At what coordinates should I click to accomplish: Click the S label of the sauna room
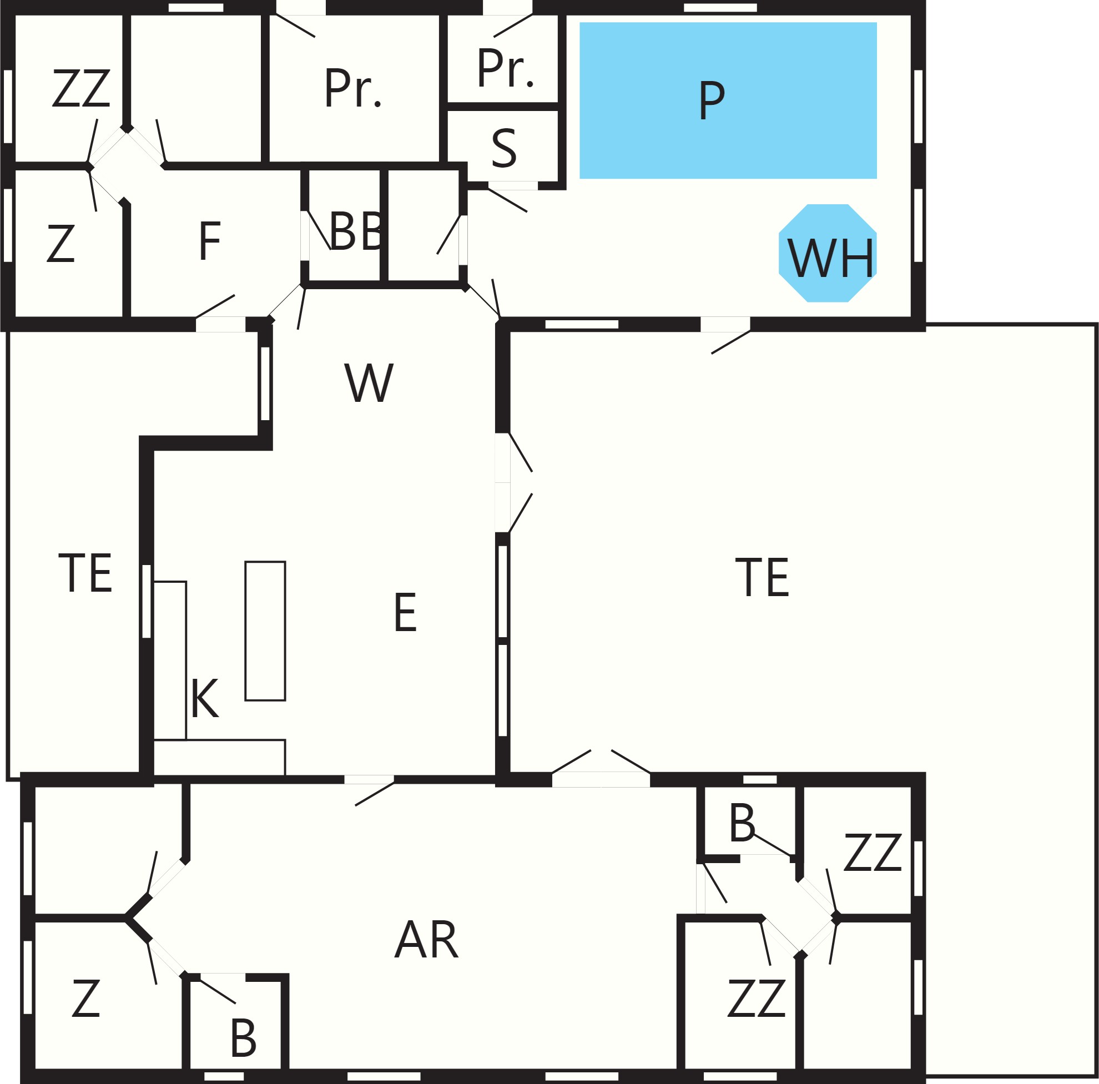(504, 148)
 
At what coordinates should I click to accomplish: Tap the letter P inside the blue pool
(712, 100)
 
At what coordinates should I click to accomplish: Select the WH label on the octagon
(830, 258)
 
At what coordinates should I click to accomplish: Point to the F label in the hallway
(210, 240)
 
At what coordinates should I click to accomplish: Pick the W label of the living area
(369, 383)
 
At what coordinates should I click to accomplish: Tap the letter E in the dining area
(405, 612)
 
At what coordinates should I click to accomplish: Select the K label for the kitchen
(205, 698)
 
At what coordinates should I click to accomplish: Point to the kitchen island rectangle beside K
(265, 631)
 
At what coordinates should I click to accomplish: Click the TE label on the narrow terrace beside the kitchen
(85, 573)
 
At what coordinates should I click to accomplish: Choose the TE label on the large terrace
(762, 578)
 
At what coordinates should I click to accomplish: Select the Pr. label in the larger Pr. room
(352, 88)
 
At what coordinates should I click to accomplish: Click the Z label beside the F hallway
(61, 244)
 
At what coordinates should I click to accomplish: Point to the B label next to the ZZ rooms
(742, 823)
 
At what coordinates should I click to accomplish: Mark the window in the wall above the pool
(720, 7)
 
